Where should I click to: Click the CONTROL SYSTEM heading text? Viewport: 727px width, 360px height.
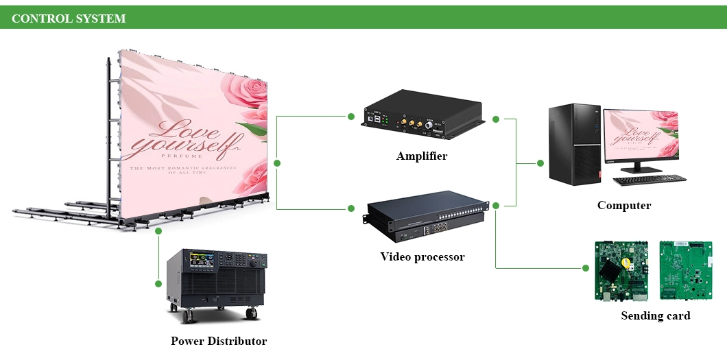pos(69,19)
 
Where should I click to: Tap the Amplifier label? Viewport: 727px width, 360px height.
pos(422,156)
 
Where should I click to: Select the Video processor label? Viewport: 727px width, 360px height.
pos(422,257)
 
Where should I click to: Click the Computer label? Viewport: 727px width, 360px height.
pos(624,205)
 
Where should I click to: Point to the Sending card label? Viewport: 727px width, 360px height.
pos(655,316)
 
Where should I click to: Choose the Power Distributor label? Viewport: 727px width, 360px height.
pos(219,341)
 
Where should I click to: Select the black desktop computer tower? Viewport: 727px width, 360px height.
pos(574,144)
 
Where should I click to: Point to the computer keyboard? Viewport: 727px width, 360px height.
pos(649,180)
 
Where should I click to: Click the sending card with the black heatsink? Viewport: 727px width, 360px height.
pos(621,270)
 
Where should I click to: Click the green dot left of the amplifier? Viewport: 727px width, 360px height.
pos(351,117)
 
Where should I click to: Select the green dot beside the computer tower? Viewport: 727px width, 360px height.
pos(540,163)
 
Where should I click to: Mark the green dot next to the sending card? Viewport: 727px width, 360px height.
pos(586,268)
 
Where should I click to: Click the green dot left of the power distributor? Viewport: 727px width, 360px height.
pos(158,283)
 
